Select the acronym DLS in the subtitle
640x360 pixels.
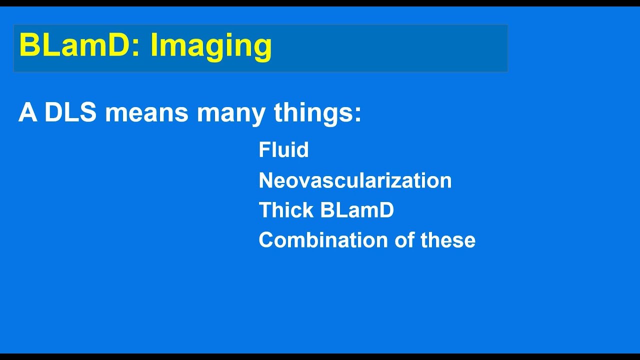70,113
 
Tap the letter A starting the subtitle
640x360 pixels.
28,113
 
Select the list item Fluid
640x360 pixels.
283,150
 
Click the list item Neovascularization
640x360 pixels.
355,180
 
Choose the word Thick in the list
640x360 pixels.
286,210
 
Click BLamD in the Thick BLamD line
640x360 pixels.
357,210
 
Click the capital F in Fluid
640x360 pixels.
263,150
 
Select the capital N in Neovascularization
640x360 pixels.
264,180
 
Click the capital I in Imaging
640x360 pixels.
153,45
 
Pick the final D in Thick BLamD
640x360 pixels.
387,210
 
